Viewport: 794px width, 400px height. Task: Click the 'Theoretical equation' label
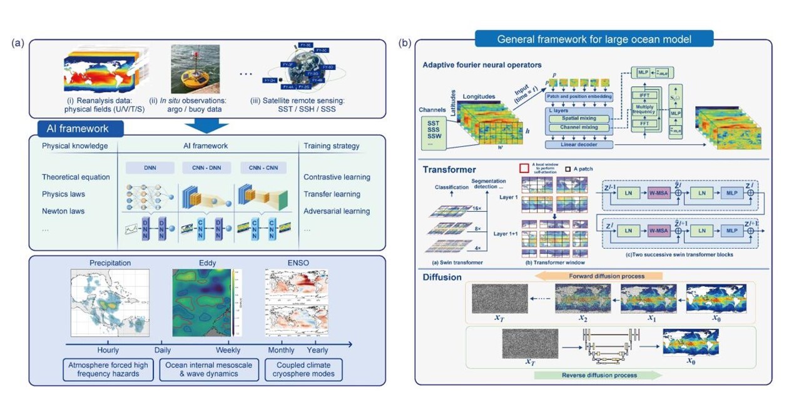pos(76,177)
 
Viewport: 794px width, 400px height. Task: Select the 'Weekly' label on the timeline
pos(227,350)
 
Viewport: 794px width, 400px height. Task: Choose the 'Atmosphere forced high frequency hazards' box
pos(104,369)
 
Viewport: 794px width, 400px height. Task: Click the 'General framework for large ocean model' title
pos(594,39)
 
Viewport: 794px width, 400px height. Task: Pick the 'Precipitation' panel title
pos(111,263)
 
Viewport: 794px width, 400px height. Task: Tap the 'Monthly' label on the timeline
pos(282,350)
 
